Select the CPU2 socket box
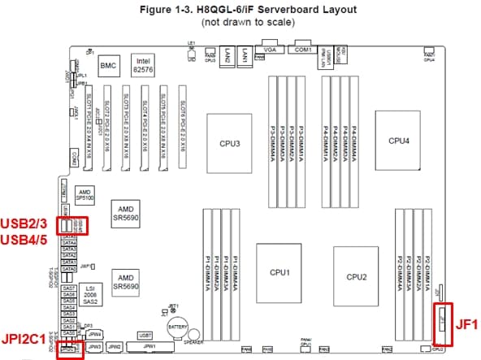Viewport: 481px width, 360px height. [356, 276]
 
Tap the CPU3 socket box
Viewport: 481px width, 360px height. [230, 145]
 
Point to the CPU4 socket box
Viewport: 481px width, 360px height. [398, 140]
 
